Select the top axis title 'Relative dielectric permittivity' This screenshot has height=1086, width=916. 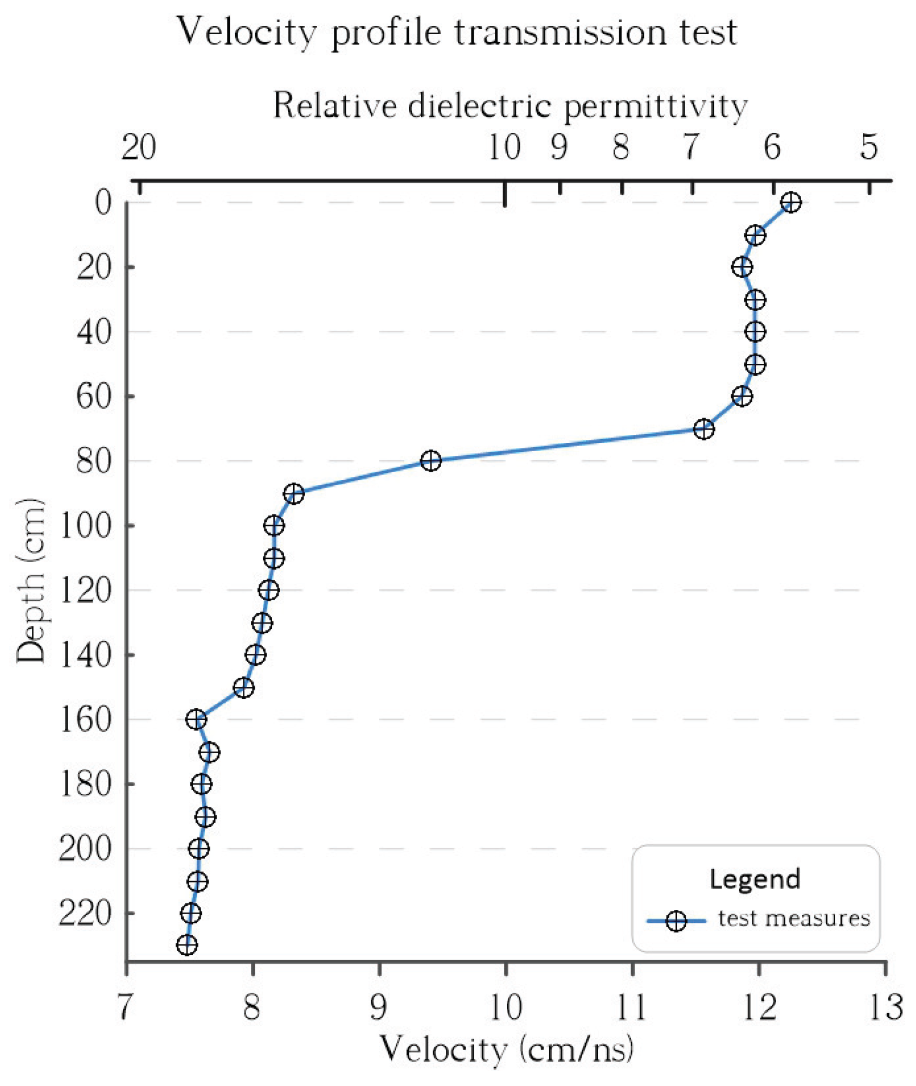click(x=509, y=105)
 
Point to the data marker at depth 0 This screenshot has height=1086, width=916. click(x=791, y=202)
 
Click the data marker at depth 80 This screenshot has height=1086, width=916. click(x=430, y=461)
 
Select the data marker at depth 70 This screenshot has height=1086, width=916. click(x=704, y=429)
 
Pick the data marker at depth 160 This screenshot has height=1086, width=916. click(x=196, y=719)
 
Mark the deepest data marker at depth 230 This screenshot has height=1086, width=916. click(x=186, y=946)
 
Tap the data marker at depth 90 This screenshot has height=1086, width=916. click(x=294, y=493)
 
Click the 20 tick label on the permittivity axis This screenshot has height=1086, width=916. click(x=138, y=147)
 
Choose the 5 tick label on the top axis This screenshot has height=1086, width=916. click(x=869, y=147)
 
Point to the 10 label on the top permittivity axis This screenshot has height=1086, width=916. click(x=504, y=147)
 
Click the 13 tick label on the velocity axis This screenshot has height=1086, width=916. click(x=886, y=1007)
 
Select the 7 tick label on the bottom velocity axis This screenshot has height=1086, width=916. click(x=125, y=1007)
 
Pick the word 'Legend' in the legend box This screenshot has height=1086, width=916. click(x=754, y=879)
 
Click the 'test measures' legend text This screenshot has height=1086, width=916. click(x=794, y=918)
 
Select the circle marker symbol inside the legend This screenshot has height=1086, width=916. click(x=676, y=921)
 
